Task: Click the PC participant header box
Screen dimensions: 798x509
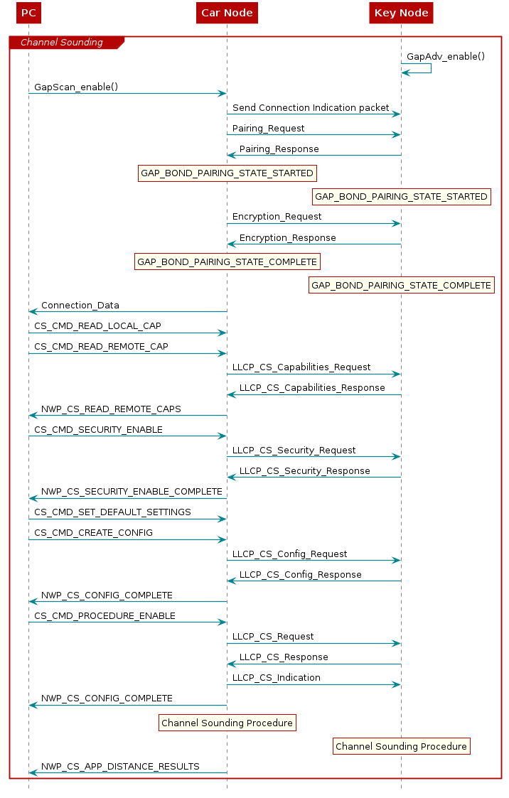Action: pos(28,13)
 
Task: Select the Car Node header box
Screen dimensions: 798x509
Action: pos(227,13)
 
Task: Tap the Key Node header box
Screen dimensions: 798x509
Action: pos(401,13)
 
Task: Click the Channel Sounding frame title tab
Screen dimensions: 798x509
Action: pos(62,43)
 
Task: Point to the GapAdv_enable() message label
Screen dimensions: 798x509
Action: pos(446,56)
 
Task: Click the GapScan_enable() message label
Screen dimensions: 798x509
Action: pos(76,87)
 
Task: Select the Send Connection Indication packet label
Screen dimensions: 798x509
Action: pos(311,108)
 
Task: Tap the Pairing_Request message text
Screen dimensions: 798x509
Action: pos(268,129)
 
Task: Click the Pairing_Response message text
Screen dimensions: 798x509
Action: pos(279,149)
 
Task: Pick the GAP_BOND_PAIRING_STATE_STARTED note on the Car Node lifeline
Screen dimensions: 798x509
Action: pos(227,173)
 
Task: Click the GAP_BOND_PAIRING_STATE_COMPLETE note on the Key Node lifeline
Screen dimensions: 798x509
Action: pos(401,285)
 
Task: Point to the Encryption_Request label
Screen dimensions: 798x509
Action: pos(277,217)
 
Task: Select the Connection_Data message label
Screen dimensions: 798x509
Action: pos(80,306)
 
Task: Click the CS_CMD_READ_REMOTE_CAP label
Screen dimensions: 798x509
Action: pos(101,347)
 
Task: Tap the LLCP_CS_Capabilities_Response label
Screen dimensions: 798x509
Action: pos(312,388)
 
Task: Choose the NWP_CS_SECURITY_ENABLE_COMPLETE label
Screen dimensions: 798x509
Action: pos(132,492)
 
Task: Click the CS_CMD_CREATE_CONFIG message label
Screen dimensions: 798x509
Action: pos(93,533)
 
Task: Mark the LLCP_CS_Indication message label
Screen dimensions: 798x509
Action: pos(276,678)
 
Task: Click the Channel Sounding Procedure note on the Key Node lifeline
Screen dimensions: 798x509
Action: pos(401,746)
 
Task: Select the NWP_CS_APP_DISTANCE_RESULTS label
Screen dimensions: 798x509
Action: pos(120,767)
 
